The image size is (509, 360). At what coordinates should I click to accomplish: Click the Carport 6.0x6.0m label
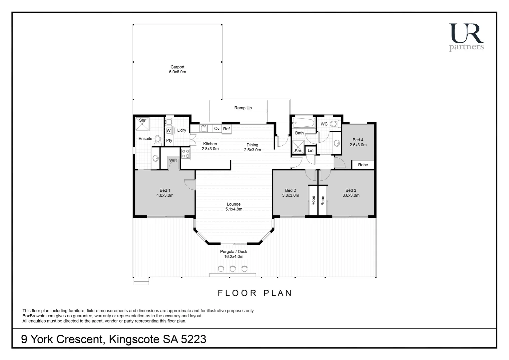(x=177, y=69)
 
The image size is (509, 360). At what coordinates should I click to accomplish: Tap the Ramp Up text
(x=243, y=108)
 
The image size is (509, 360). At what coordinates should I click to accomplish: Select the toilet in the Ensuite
(x=158, y=140)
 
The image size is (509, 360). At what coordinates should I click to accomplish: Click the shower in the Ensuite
(x=143, y=124)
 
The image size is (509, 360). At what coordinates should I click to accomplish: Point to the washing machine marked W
(x=169, y=131)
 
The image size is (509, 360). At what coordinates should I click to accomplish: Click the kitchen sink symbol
(x=204, y=128)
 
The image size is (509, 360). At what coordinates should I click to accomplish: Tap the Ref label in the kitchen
(x=227, y=129)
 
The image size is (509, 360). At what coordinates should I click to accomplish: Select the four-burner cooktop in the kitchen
(x=186, y=154)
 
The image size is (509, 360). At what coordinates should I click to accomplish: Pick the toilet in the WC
(x=335, y=124)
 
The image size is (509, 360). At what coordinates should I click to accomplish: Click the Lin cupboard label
(x=310, y=151)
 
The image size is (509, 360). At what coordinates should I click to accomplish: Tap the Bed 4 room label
(x=358, y=142)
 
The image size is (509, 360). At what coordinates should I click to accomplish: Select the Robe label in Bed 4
(x=363, y=165)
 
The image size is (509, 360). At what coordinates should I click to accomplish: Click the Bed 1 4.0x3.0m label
(x=165, y=193)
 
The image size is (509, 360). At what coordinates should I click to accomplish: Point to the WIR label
(x=173, y=160)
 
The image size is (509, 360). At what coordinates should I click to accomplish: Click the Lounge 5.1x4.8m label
(x=234, y=207)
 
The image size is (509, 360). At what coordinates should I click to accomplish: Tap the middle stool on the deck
(x=233, y=268)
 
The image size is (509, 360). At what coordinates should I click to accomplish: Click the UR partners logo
(x=466, y=37)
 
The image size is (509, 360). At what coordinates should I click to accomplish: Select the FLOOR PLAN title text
(x=255, y=293)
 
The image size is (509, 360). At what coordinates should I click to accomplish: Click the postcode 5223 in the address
(x=194, y=339)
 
